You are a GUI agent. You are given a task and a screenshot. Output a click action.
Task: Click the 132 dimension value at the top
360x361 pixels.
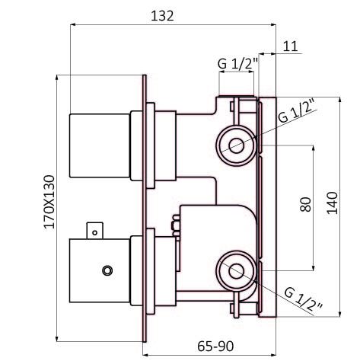(x=162, y=16)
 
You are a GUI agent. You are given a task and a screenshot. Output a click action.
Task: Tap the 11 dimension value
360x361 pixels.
(x=290, y=46)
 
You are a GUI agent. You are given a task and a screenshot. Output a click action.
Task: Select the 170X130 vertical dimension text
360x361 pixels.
(x=49, y=202)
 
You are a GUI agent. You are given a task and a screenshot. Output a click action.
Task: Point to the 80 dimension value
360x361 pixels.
(x=305, y=205)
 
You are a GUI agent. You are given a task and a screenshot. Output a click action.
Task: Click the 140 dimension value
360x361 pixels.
(x=333, y=203)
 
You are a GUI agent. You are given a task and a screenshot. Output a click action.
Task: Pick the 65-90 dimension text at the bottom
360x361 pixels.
(x=215, y=347)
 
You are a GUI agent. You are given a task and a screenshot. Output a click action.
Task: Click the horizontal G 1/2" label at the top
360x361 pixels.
(x=237, y=64)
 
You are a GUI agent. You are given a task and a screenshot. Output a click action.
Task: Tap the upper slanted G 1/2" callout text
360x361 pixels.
(x=297, y=110)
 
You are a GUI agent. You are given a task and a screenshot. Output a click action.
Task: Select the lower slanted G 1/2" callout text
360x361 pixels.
(x=304, y=300)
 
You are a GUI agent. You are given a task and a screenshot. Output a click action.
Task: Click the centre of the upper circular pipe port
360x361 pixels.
(x=237, y=145)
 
